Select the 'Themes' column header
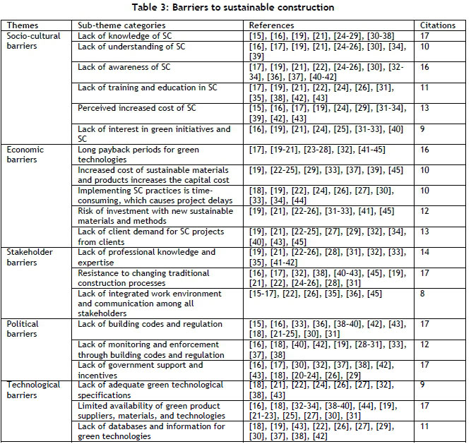[x=22, y=25]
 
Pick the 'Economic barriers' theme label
[x=25, y=155]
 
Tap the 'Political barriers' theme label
[x=23, y=329]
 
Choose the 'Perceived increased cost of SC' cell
[x=139, y=109]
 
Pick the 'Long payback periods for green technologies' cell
[x=138, y=155]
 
